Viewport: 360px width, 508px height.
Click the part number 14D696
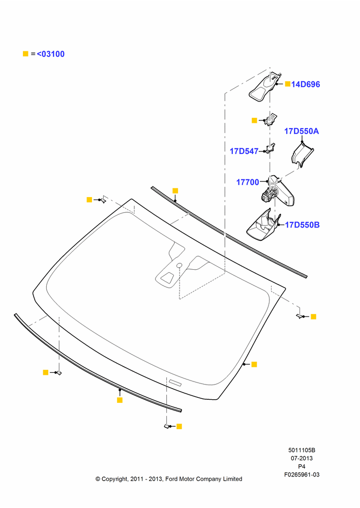[306, 84]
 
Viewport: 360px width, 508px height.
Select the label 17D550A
[302, 131]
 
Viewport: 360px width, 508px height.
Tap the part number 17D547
[244, 151]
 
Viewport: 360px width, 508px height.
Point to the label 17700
[248, 182]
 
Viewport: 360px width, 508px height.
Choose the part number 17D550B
[302, 225]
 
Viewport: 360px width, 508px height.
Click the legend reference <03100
[51, 54]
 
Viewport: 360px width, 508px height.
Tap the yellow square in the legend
[25, 54]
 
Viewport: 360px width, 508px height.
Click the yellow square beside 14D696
[288, 84]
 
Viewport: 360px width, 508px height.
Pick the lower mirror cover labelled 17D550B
[263, 226]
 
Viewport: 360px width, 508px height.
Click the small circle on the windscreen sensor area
[179, 266]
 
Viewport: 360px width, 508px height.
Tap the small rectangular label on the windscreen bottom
[175, 383]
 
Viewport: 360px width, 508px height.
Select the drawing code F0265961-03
[302, 474]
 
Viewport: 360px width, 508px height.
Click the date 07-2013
[302, 458]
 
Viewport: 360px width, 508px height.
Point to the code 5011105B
[302, 450]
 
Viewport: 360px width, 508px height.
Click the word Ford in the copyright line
[172, 479]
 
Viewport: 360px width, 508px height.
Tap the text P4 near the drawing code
[302, 466]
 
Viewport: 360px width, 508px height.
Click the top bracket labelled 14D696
[264, 87]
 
